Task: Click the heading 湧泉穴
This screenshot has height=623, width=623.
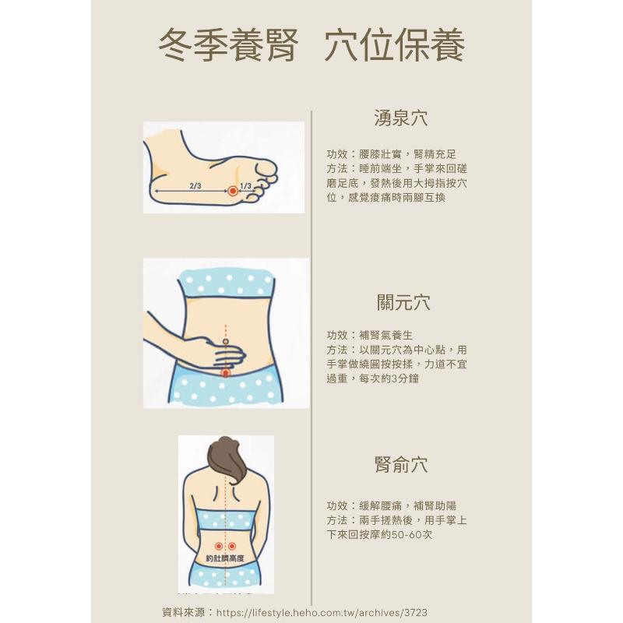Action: click(401, 118)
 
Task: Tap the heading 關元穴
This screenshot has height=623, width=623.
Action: click(403, 302)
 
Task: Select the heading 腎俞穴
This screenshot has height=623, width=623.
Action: click(401, 464)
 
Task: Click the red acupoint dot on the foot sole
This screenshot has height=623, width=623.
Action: click(233, 191)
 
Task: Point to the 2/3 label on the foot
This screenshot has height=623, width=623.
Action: click(195, 185)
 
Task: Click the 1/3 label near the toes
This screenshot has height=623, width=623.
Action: click(246, 185)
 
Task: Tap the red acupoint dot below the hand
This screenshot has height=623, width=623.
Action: click(225, 373)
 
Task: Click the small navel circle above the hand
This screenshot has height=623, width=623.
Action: click(225, 341)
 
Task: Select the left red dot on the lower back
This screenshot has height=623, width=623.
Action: click(218, 547)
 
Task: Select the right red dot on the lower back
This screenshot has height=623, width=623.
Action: click(232, 547)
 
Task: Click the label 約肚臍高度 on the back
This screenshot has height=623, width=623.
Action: click(225, 558)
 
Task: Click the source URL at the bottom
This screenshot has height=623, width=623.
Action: click(322, 612)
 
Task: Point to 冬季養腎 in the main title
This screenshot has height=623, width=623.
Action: click(228, 45)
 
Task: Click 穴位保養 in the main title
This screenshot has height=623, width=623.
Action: click(395, 45)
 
